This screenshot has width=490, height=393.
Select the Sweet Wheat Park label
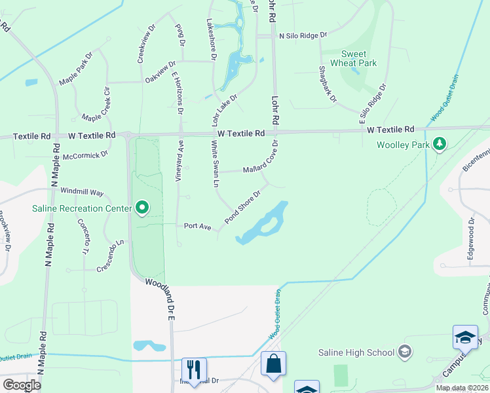[359, 59]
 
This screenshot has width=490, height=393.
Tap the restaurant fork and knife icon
[194, 369]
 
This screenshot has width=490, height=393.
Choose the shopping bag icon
[273, 364]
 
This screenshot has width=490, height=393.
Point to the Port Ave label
[197, 226]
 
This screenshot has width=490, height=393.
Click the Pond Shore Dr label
[244, 207]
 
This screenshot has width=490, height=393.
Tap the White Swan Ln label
[214, 165]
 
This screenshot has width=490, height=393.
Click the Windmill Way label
[82, 192]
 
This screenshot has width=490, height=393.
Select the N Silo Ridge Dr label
[299, 37]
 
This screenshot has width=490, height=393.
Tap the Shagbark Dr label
[327, 84]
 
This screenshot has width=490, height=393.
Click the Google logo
[22, 385]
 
